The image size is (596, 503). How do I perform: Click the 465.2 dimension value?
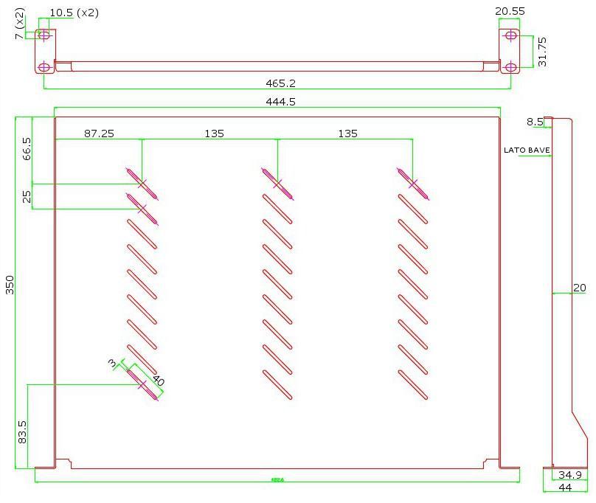pos(281,83)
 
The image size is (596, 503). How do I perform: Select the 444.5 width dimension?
pos(281,102)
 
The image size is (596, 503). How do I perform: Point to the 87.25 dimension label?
pos(99,133)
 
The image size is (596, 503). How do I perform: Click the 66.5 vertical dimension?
pos(27,150)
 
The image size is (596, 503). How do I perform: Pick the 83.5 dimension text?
pos(22,431)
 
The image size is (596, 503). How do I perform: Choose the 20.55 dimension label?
pos(510,12)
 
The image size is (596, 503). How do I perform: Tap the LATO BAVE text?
pos(527,150)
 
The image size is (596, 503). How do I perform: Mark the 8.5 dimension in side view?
pos(535,122)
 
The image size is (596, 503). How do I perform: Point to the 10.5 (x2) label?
pos(74,13)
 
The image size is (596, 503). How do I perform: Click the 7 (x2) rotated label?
pos(20,24)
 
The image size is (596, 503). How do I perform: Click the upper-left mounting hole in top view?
pos(44,35)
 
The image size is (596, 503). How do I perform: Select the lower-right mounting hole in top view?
pos(510,67)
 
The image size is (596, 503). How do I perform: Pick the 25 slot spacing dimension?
pos(27,197)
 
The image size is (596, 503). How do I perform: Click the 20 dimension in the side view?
pos(580,288)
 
